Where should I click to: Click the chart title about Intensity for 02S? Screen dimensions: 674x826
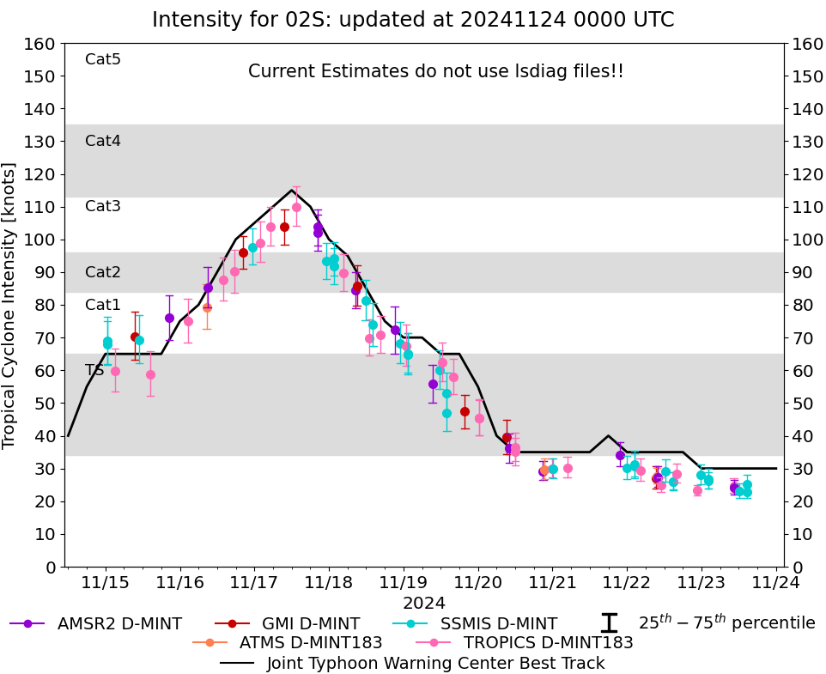tap(413, 20)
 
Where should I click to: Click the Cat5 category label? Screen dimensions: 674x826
tap(103, 59)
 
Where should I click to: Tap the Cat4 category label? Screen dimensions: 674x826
tap(103, 141)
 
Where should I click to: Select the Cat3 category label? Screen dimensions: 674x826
tap(103, 206)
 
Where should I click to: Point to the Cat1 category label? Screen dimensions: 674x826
tap(103, 305)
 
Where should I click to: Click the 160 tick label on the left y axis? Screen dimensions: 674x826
tap(39, 44)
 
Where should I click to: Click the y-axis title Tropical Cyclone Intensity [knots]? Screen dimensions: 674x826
tap(10, 305)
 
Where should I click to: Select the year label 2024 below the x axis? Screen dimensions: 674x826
tap(424, 603)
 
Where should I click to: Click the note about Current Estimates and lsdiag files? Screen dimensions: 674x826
tap(435, 71)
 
